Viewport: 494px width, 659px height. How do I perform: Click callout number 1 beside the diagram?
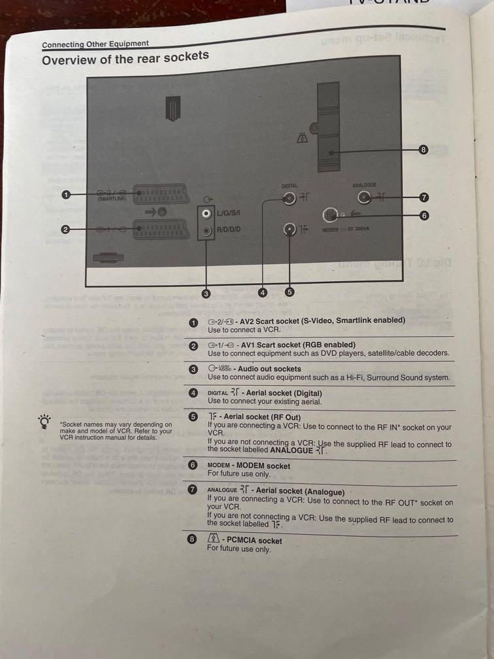66,194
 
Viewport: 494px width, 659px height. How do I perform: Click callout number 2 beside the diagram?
66,229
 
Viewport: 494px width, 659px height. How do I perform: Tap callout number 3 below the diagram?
206,294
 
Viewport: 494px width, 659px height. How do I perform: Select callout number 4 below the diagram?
263,293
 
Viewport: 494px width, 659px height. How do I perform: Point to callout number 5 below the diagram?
289,292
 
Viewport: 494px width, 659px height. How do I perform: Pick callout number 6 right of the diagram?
424,215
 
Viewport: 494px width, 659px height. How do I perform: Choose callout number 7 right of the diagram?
424,196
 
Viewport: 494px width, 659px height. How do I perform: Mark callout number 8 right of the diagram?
423,150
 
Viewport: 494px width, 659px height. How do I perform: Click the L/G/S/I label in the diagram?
229,213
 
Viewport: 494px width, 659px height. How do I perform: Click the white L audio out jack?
206,213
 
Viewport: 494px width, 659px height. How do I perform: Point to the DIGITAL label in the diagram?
289,186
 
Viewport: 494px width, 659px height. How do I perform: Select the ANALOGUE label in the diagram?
364,186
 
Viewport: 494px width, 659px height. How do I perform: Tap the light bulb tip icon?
44,422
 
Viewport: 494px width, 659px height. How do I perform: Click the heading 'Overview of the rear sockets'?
125,59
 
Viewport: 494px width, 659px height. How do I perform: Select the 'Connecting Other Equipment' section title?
95,44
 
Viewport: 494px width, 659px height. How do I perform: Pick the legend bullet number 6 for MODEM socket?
193,465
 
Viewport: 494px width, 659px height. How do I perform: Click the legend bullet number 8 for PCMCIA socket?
192,540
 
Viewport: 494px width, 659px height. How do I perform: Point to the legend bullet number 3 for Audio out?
193,369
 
